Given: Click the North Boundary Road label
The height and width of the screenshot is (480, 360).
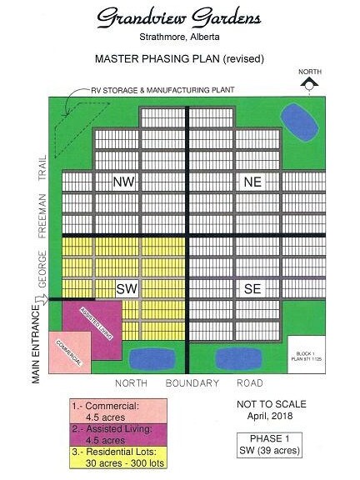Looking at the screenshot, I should pyautogui.click(x=180, y=383).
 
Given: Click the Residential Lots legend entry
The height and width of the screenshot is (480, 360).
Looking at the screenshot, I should pyautogui.click(x=117, y=453).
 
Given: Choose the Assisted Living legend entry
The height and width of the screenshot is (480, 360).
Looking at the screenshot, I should pyautogui.click(x=117, y=431).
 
